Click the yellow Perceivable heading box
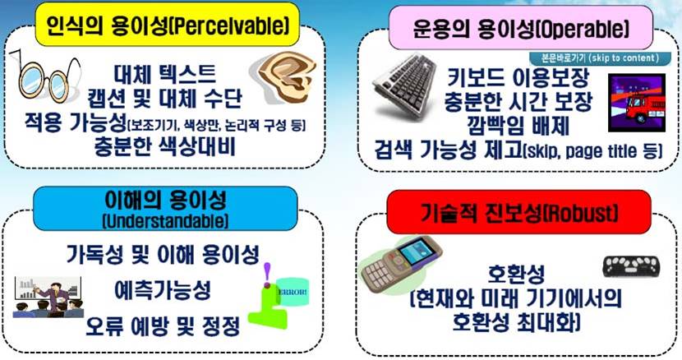(168, 25)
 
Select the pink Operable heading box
(521, 28)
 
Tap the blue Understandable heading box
(165, 209)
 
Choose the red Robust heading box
(518, 212)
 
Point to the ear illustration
(287, 77)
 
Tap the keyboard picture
(405, 86)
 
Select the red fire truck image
(637, 103)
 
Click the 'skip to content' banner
(600, 58)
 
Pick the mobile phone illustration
(401, 265)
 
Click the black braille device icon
(631, 266)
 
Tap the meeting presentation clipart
(48, 297)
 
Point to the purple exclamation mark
(267, 275)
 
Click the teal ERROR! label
(293, 292)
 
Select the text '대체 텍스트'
(165, 75)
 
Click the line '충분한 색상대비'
(165, 146)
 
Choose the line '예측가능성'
(163, 290)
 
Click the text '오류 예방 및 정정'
(163, 326)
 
